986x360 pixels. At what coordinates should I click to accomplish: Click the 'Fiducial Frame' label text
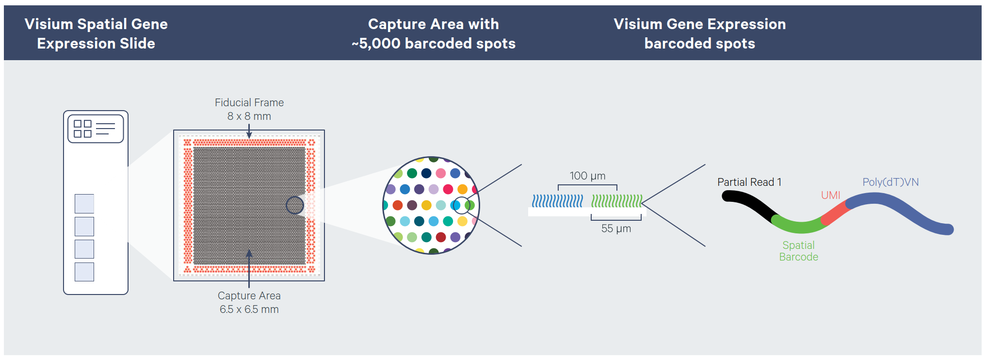[x=249, y=103]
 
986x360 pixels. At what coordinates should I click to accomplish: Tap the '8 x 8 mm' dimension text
[x=249, y=116]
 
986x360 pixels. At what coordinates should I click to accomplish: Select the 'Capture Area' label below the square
[x=249, y=296]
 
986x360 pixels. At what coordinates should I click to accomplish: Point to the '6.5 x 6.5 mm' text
[x=249, y=310]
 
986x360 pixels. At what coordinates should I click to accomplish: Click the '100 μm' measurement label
[x=587, y=176]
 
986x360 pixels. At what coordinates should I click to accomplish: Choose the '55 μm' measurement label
[x=616, y=229]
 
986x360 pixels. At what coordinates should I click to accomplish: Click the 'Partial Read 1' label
[x=749, y=182]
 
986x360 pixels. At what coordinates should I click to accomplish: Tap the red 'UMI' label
[x=830, y=196]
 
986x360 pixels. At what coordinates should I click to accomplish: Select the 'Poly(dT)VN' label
[x=890, y=182]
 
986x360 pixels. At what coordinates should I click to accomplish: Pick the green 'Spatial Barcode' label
[x=798, y=251]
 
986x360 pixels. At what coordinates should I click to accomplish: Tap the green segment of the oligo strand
[x=798, y=226]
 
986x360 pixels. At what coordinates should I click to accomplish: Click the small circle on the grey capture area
[x=294, y=205]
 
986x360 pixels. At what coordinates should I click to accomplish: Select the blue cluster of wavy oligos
[x=557, y=201]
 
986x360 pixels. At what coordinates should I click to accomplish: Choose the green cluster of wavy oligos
[x=616, y=201]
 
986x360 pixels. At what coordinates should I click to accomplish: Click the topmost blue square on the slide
[x=84, y=204]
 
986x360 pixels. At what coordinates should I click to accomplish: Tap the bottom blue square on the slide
[x=84, y=272]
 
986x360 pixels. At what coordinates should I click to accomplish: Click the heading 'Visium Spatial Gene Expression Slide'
[x=96, y=33]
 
